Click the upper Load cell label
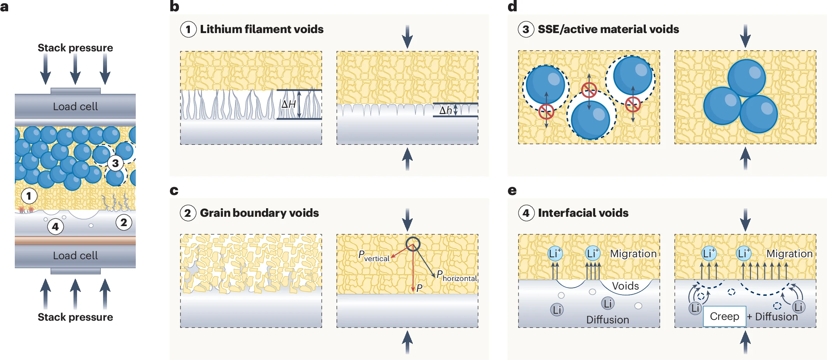tap(75, 107)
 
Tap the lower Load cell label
tap(75, 256)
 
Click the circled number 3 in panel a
tap(115, 163)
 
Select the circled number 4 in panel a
tap(55, 227)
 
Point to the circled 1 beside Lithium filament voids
tap(188, 30)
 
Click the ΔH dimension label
tap(288, 104)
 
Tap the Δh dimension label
tap(445, 111)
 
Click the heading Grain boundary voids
tap(259, 213)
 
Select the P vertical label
tap(373, 256)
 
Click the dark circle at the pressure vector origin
tap(413, 244)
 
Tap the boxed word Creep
tap(724, 316)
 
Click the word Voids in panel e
tap(625, 286)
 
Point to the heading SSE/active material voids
tap(608, 30)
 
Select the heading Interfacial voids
tap(583, 213)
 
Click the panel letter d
tap(512, 6)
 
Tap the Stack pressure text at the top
tap(75, 48)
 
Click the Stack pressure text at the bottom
tap(75, 317)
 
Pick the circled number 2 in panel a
tap(124, 223)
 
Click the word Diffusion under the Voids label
tap(607, 320)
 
